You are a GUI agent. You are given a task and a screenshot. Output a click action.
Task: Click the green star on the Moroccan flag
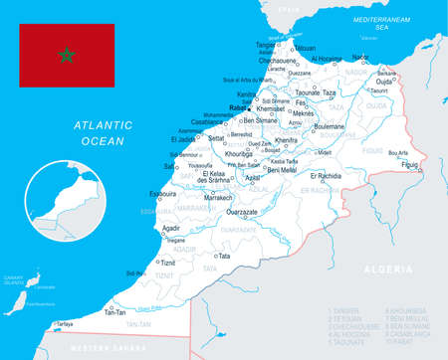pos(67,55)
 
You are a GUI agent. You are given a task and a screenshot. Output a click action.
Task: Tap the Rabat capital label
pos(237,107)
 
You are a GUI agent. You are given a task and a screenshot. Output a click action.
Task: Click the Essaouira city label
pos(162,195)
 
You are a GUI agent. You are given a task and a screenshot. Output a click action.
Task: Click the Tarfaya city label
pos(64,324)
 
